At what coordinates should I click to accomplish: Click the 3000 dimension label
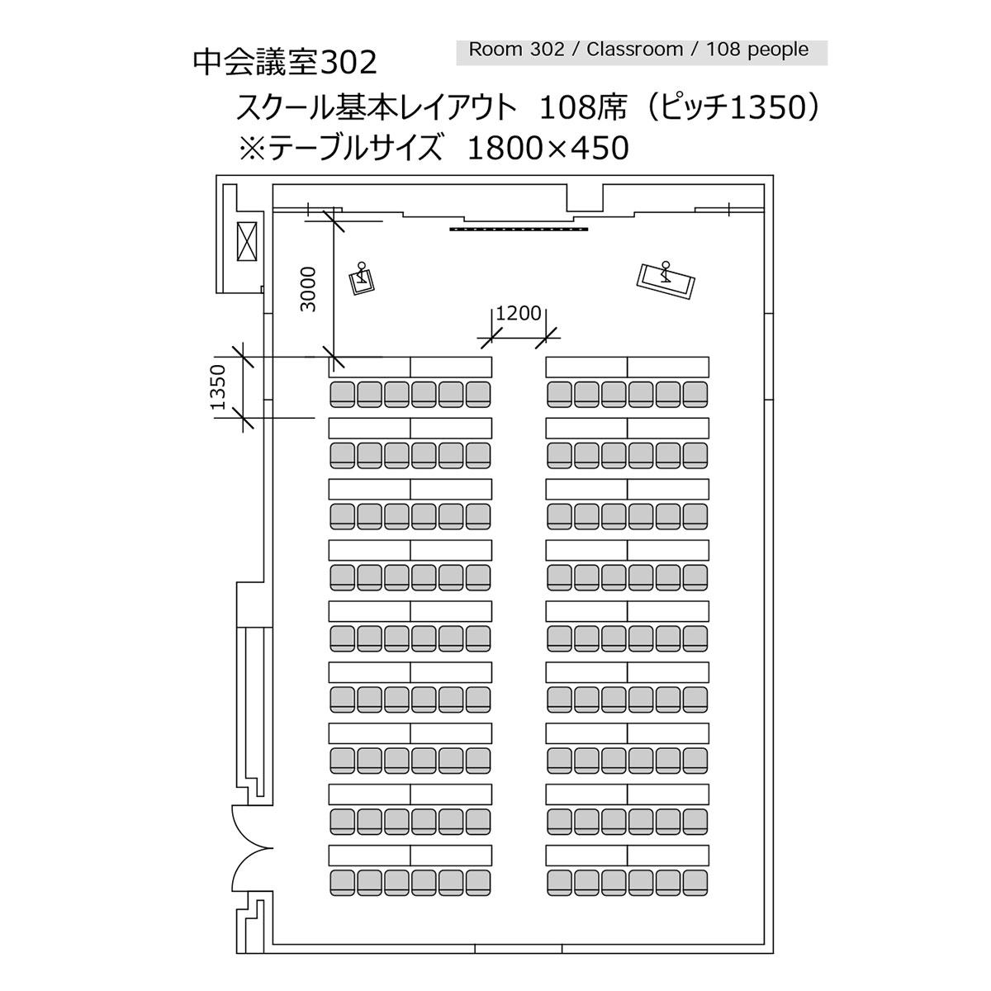coord(308,289)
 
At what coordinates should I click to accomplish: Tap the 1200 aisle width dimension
coord(518,313)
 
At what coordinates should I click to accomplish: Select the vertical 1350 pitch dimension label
coord(218,386)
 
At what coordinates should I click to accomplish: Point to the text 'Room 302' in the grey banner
coord(516,50)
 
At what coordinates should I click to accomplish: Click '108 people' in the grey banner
coord(757,50)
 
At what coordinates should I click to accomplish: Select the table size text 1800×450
coord(548,148)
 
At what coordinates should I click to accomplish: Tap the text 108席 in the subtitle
coord(583,108)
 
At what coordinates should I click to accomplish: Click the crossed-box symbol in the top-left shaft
coord(246,242)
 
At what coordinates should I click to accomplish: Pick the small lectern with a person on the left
coord(362,279)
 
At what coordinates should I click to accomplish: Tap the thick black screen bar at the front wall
coord(519,230)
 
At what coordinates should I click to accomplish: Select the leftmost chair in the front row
coord(343,395)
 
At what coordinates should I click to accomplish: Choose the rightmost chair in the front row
coord(695,395)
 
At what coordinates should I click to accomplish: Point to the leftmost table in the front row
coord(370,367)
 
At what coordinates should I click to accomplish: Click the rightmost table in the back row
coord(668,855)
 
